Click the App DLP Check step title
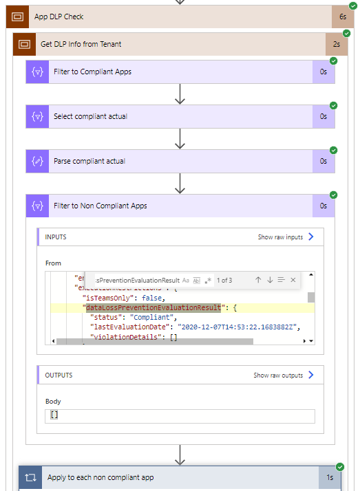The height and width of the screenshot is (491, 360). point(59,17)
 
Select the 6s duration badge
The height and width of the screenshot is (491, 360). point(342,17)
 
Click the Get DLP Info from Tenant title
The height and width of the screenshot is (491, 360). point(81,44)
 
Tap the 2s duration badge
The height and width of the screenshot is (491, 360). point(335,44)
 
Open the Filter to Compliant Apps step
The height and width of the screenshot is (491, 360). point(92,72)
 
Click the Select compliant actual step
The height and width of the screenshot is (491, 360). point(90,116)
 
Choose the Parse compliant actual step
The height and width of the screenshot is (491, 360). point(89,161)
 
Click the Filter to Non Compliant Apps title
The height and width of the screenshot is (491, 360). point(100,206)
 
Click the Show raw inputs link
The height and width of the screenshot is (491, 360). point(280,237)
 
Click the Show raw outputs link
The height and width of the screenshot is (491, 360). point(278,375)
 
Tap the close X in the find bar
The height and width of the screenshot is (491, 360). point(293,280)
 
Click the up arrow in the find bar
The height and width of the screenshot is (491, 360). point(258,280)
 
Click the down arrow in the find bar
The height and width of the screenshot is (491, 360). point(270,280)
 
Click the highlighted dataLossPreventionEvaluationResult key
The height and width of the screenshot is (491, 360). point(153,307)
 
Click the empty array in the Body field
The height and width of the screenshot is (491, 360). point(54,415)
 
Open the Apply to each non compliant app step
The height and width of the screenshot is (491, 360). point(100,477)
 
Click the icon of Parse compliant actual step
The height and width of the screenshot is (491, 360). point(37,161)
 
